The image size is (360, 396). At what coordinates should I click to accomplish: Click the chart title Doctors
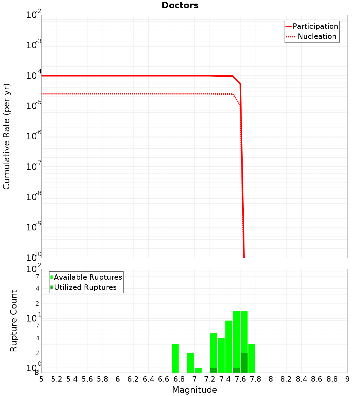(180, 5)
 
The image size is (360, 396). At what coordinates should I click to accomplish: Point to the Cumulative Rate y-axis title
(6, 136)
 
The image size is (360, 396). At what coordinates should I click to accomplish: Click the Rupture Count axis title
(14, 321)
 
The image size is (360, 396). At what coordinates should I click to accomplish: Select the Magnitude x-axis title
(194, 390)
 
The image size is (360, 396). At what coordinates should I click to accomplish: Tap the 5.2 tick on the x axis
(57, 379)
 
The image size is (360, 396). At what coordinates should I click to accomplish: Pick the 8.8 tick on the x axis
(332, 379)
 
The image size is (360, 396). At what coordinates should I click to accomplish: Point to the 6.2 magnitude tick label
(133, 379)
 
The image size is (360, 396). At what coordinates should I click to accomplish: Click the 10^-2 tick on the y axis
(34, 15)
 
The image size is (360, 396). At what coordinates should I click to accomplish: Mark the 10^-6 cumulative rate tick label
(34, 136)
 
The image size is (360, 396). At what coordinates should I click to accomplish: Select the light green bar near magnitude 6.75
(175, 358)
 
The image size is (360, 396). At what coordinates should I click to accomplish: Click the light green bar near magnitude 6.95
(190, 363)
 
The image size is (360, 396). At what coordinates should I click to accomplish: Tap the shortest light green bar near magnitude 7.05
(198, 370)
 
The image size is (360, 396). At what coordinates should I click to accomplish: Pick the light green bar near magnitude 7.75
(252, 358)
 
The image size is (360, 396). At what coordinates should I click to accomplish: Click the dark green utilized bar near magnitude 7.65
(244, 363)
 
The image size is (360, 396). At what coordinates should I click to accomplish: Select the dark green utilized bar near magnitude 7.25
(213, 370)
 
